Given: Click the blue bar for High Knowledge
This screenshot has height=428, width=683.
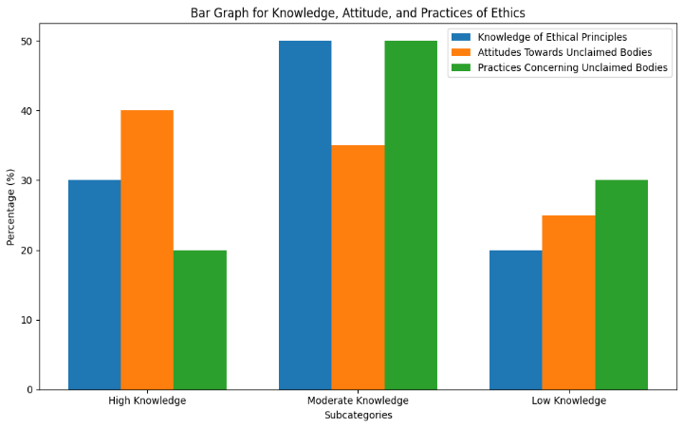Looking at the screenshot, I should (x=94, y=285).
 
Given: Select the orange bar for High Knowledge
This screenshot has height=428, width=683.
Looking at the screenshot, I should (x=147, y=250).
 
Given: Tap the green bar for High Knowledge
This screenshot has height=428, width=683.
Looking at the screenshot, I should (x=200, y=320).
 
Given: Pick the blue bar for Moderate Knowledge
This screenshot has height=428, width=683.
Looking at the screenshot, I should (x=305, y=215).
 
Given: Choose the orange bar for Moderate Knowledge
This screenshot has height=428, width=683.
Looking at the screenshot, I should (x=358, y=268).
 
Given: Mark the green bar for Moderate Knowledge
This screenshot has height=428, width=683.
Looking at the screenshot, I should (x=411, y=215).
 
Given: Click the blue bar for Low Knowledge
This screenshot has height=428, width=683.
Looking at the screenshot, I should (x=516, y=320).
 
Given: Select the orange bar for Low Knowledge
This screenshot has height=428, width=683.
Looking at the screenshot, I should (x=569, y=303).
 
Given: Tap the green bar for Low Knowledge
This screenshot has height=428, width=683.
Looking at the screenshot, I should (x=621, y=285).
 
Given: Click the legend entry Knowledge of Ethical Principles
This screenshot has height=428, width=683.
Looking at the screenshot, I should (x=551, y=37).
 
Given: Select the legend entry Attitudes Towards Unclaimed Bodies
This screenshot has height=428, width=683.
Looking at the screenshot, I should (x=564, y=52).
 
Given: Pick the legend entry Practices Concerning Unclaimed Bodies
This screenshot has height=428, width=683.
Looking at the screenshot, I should (x=572, y=68).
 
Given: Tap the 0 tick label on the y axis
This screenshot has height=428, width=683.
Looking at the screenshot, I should (x=28, y=390).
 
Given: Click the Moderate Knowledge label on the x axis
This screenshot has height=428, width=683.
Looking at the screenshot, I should (x=358, y=401).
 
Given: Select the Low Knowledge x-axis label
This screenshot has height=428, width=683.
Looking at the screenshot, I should (x=568, y=401).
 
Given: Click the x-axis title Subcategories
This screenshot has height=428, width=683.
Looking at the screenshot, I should (x=358, y=416).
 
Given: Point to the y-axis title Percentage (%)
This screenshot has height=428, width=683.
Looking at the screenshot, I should (x=11, y=207).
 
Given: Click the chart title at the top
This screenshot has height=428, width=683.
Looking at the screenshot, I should (x=358, y=12).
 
